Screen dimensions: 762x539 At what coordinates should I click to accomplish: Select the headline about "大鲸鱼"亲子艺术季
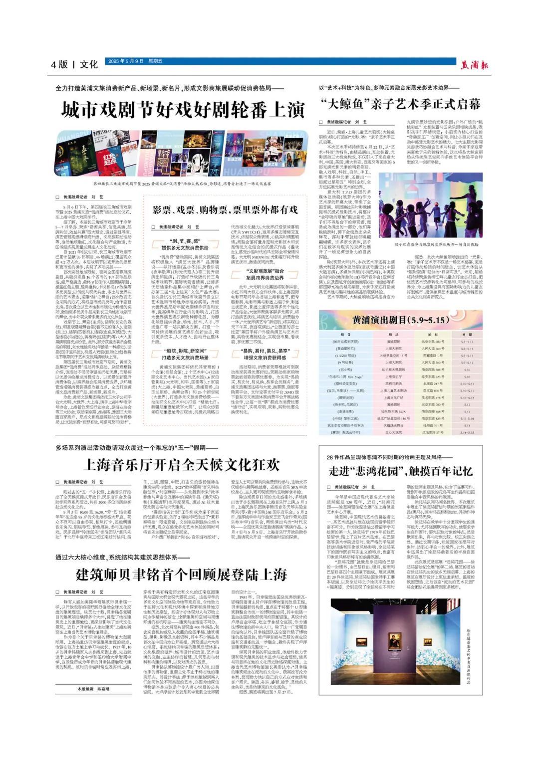pos(400,104)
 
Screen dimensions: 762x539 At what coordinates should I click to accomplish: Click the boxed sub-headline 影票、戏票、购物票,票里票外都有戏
pos(225,209)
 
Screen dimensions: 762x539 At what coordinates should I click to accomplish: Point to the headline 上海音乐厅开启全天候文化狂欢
pos(181,464)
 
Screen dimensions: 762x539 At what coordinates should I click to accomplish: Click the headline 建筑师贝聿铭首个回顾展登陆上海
pos(181,574)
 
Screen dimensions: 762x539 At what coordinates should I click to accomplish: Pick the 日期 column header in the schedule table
pos(467,335)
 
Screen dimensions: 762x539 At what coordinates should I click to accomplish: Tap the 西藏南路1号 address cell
pos(432,356)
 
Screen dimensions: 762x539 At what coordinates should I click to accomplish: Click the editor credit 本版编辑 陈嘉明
pos(93,689)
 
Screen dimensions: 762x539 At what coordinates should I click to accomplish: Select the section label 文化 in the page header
pos(89,64)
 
